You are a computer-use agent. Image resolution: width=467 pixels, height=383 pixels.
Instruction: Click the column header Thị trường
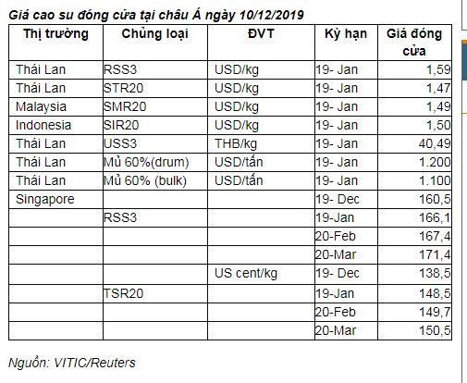[x=55, y=34]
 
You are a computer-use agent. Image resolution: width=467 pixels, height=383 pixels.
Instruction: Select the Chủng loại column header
[x=154, y=34]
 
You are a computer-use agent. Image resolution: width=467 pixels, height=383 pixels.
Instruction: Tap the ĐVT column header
[x=261, y=33]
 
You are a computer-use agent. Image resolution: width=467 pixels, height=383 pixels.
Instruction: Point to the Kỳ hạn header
[x=346, y=34]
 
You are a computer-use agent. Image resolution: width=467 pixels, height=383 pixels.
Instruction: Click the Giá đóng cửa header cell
[x=414, y=43]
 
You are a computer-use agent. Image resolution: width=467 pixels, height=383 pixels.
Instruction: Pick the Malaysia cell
[x=41, y=106]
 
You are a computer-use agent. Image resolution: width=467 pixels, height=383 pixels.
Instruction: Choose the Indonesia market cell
[x=43, y=125]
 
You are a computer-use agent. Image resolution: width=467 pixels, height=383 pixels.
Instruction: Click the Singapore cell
[x=45, y=199]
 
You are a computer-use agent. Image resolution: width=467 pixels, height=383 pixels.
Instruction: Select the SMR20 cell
[x=125, y=106]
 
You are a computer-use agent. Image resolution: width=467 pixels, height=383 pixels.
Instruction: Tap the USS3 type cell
[x=120, y=143]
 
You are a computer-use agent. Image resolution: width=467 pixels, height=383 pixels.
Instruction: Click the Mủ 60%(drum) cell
[x=146, y=162]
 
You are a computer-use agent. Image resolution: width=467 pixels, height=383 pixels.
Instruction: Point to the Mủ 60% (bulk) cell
[x=145, y=180]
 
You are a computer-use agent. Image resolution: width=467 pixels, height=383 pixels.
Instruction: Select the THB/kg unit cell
[x=236, y=143]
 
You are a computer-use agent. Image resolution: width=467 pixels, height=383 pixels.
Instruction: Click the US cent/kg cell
[x=246, y=273]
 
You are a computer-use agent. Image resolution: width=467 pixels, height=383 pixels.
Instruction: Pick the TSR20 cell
[x=124, y=293]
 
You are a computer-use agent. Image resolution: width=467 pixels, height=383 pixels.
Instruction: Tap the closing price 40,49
[x=435, y=143]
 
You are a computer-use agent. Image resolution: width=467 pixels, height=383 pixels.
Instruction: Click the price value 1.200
[x=435, y=162]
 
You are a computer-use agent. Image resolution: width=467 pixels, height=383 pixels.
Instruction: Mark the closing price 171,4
[x=435, y=254]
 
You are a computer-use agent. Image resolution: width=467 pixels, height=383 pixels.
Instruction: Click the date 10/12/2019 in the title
[x=272, y=15]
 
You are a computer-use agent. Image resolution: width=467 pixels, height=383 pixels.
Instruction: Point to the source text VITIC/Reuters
[x=94, y=363]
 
